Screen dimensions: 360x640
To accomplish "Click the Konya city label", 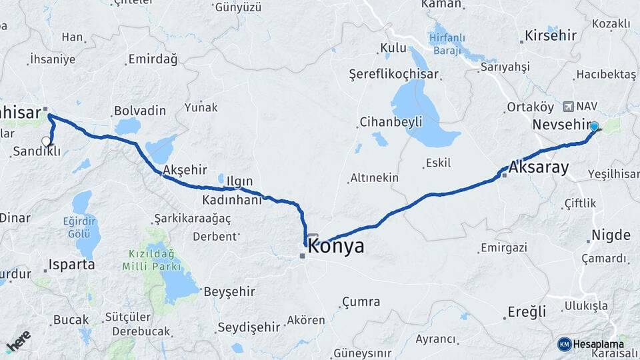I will click(x=336, y=246).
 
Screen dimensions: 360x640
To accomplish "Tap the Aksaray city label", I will click(x=539, y=168).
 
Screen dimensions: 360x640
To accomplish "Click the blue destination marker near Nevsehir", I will click(x=594, y=127).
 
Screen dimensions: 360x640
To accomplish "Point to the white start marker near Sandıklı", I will click(x=46, y=141).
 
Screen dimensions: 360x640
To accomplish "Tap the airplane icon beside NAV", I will click(x=568, y=106).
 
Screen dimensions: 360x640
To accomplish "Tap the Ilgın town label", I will click(x=239, y=181).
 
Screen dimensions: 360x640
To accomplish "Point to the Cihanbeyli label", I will click(x=391, y=122).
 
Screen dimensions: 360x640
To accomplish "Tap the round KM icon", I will click(x=564, y=344).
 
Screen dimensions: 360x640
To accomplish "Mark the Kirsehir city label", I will click(x=550, y=35).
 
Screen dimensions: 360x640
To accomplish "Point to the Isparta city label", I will click(x=71, y=265).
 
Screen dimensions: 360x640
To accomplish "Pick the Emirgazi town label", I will click(x=503, y=248).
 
